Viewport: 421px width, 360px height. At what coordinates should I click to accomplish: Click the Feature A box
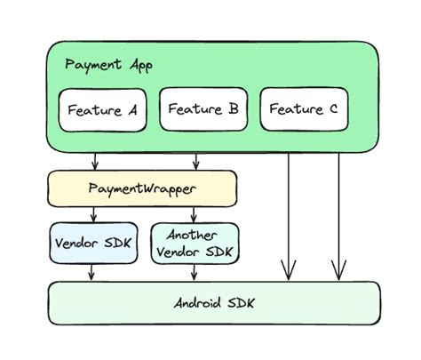tap(102, 110)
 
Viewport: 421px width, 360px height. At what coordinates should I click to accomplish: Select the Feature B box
tap(203, 109)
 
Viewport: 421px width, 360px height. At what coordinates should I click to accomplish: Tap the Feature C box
tap(303, 110)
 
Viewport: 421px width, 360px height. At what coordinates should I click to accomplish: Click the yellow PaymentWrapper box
tap(142, 188)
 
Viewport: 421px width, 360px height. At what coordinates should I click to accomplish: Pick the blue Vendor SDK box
tap(93, 243)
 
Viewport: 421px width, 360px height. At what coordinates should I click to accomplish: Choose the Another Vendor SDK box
tap(195, 243)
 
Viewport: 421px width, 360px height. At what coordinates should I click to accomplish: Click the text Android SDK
tap(214, 303)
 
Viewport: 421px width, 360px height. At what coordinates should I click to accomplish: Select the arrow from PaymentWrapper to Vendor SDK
tap(93, 214)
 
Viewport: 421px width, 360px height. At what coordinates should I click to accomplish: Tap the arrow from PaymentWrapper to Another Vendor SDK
tap(195, 214)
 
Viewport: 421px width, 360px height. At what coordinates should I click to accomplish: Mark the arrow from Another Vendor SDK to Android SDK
tap(195, 273)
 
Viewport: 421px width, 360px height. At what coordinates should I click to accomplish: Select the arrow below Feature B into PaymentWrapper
tap(195, 161)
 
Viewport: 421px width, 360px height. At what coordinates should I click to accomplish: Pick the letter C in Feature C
tap(332, 110)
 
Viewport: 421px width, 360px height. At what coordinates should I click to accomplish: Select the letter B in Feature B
tap(233, 109)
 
